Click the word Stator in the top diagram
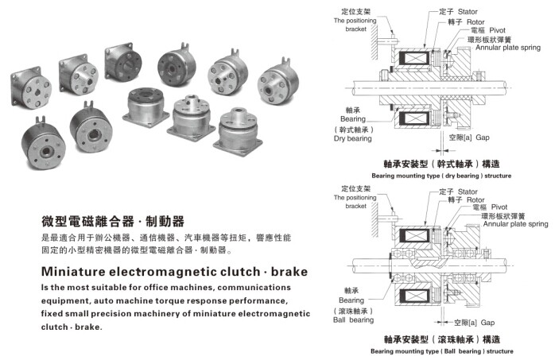(468, 12)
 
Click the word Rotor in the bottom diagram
(475, 199)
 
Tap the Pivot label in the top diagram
(497, 30)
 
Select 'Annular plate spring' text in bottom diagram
(515, 224)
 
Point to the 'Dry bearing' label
(352, 138)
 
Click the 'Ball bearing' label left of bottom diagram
(353, 319)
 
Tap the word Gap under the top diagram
(483, 137)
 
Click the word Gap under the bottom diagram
(487, 323)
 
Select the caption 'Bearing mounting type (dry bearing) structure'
(441, 176)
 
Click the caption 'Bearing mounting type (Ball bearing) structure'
(442, 351)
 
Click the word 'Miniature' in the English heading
(73, 272)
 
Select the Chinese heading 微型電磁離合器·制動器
(113, 222)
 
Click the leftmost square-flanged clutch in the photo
(31, 88)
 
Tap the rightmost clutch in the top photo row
(278, 82)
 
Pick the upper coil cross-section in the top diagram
(413, 58)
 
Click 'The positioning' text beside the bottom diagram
(355, 197)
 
